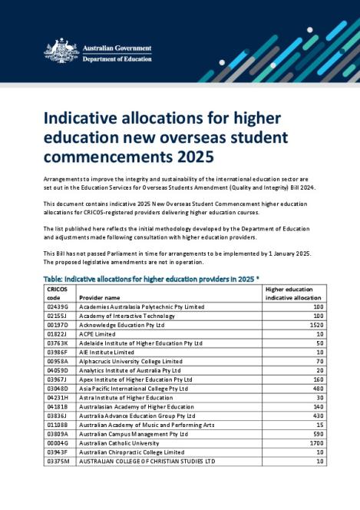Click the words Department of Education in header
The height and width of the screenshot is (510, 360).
(x=117, y=59)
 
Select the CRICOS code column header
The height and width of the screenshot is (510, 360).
(x=58, y=293)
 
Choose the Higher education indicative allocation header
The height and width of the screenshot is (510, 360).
(x=294, y=293)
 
